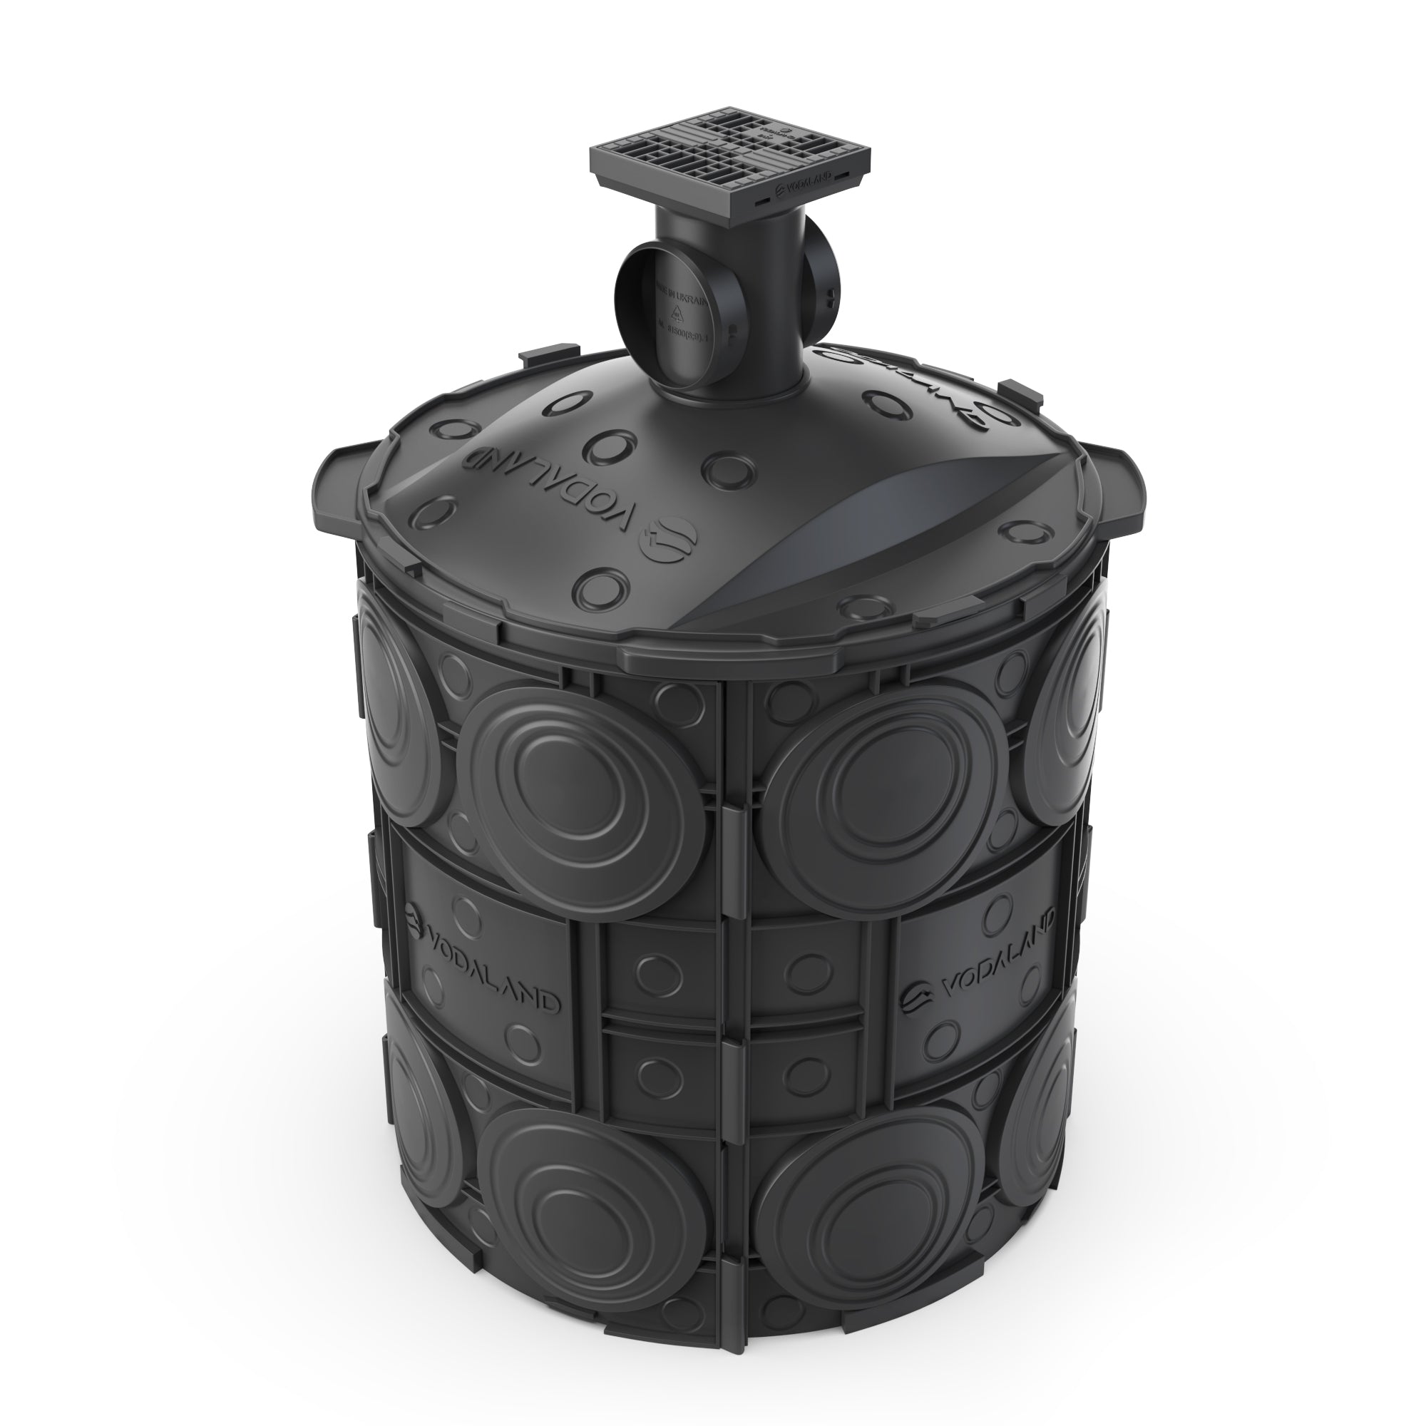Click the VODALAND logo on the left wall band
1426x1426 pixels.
(x=483, y=960)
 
